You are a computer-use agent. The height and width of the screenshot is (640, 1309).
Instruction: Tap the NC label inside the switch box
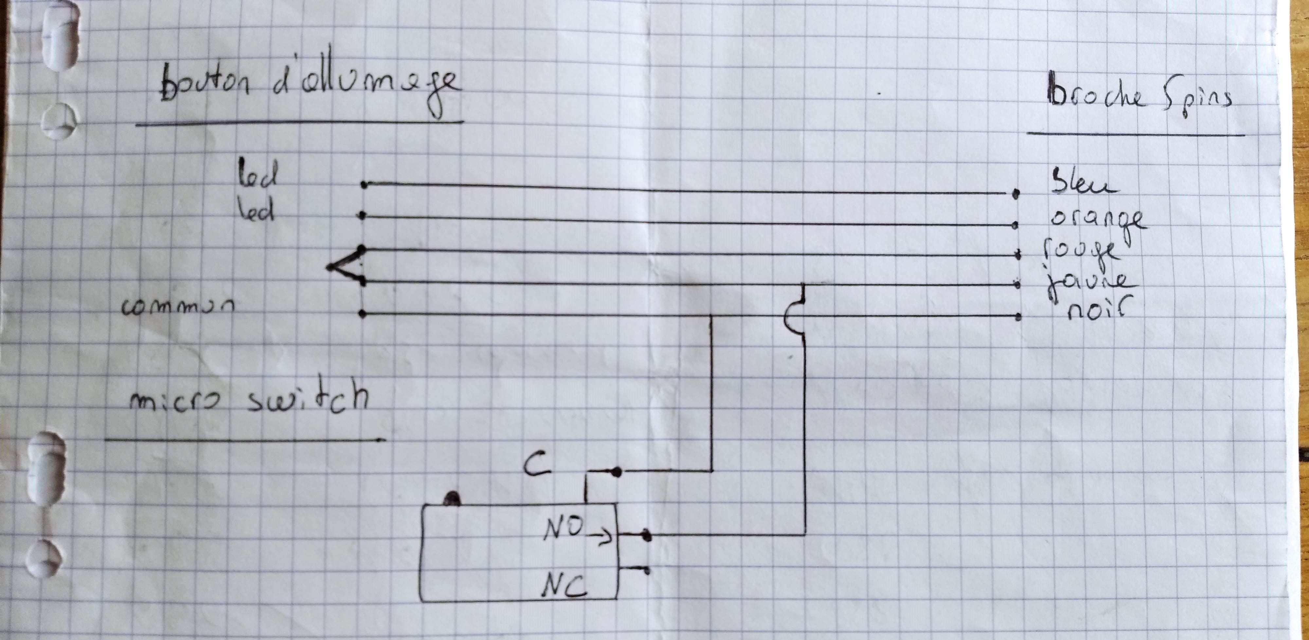(x=564, y=586)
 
